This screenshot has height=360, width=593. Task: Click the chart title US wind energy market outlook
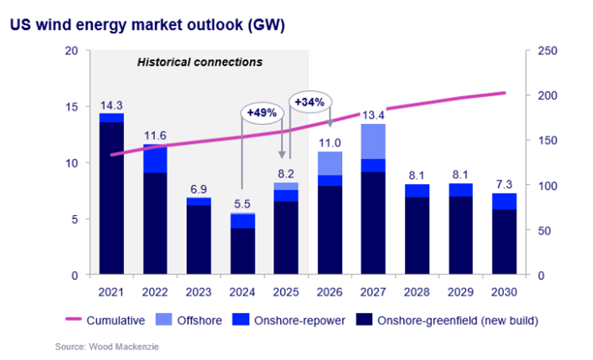[x=147, y=25]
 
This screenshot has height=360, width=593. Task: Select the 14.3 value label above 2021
[x=111, y=105]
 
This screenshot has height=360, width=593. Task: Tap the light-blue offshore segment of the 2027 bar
[x=373, y=141]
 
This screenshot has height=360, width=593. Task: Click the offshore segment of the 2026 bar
[x=330, y=163]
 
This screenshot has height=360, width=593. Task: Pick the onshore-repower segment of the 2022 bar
[x=155, y=159]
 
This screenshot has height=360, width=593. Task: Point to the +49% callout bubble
[x=262, y=113]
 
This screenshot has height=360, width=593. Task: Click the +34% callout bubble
[x=310, y=102]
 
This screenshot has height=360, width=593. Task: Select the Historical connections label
[x=200, y=62]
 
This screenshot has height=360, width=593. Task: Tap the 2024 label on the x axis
[x=242, y=292]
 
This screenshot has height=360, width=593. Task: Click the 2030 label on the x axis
[x=504, y=292]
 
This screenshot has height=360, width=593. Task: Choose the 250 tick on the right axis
[x=547, y=51]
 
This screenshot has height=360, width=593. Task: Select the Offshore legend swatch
[x=164, y=319]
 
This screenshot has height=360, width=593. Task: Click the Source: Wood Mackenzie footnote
[x=107, y=347]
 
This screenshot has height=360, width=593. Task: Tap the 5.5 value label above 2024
[x=242, y=204]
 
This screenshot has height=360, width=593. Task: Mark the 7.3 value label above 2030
[x=504, y=185]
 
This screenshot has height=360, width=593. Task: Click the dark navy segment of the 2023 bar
[x=199, y=240]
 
